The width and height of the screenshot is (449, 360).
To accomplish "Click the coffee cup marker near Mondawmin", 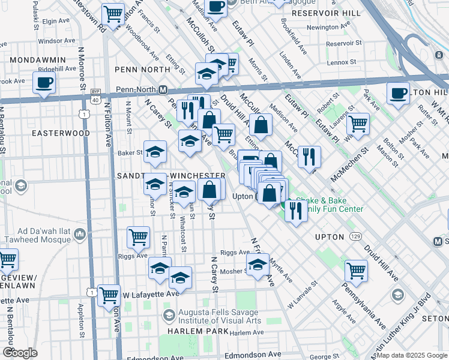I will [x=44, y=83].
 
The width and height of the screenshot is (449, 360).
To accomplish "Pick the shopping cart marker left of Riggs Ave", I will [x=139, y=237].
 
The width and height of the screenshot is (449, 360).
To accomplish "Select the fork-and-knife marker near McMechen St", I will [x=309, y=157].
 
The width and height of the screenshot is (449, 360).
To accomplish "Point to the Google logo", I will [x=20, y=353].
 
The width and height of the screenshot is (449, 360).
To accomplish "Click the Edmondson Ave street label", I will [x=253, y=356].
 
